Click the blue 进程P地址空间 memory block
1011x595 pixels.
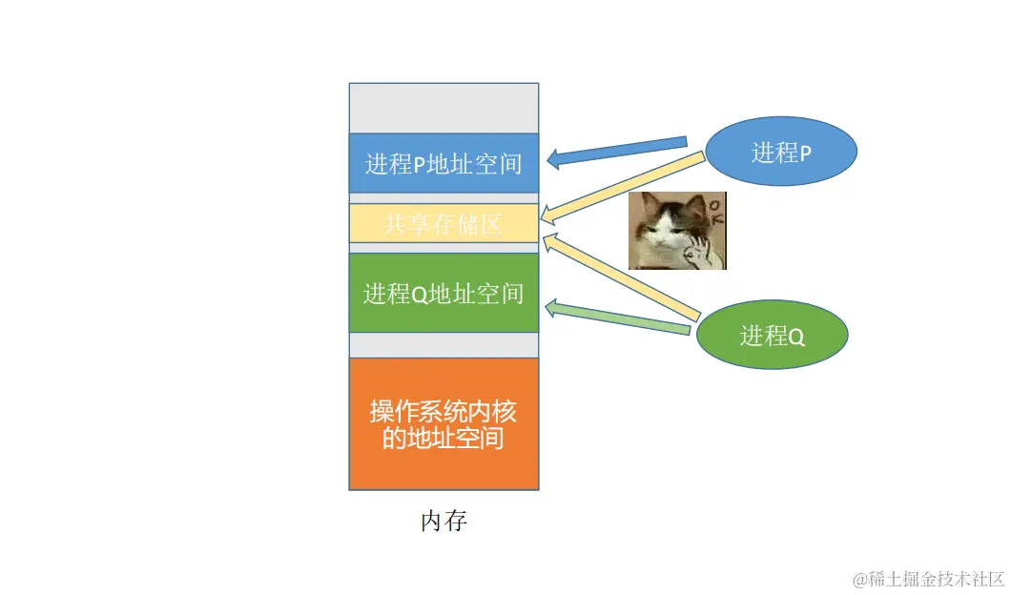pos(444,163)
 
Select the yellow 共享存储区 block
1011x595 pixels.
pos(444,224)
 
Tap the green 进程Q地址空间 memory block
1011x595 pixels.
pos(444,293)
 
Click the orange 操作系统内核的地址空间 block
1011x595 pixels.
pos(444,423)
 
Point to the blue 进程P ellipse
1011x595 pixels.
pos(781,153)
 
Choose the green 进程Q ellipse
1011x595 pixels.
pos(772,335)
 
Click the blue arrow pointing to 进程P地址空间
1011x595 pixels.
pos(620,151)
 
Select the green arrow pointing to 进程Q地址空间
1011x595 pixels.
pos(620,318)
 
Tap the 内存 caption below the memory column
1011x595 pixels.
pos(444,522)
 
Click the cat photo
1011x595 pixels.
pos(677,231)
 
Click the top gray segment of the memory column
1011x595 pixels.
pos(444,108)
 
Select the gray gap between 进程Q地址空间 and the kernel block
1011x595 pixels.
pos(444,344)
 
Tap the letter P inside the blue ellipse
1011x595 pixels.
pos(805,154)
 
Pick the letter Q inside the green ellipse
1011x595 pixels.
pos(796,337)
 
